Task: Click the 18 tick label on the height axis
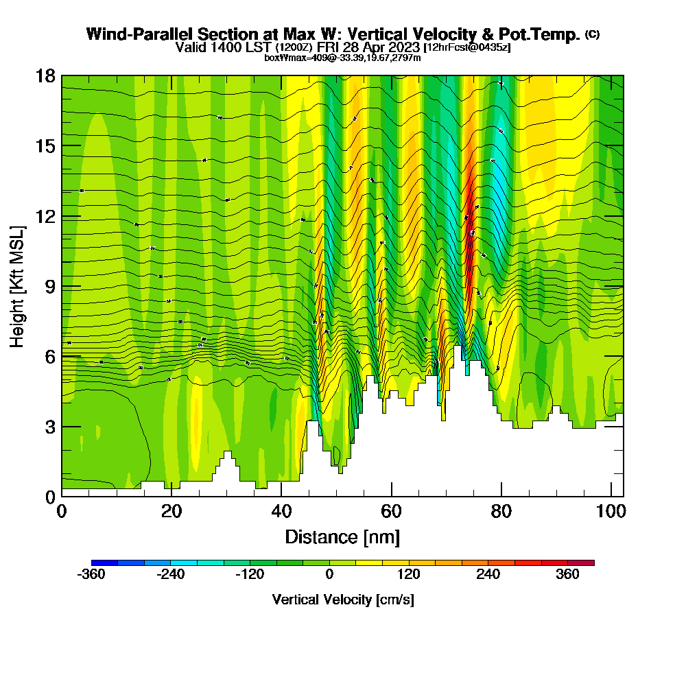[x=46, y=75]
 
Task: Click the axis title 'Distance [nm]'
[x=342, y=536]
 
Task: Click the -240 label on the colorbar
[x=170, y=576]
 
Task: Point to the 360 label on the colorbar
[x=568, y=576]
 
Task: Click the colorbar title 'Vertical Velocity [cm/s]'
[x=342, y=600]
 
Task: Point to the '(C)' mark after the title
[x=592, y=34]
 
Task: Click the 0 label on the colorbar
[x=329, y=576]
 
